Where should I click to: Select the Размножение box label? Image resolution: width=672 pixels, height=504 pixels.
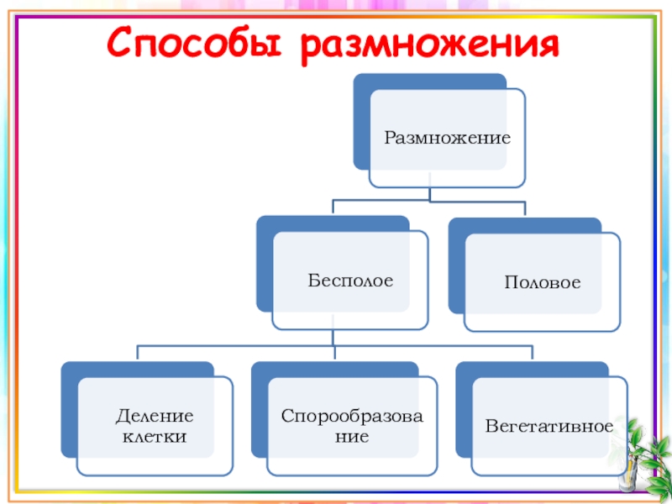tap(447, 135)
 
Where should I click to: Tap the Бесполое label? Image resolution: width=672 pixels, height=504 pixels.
tap(350, 278)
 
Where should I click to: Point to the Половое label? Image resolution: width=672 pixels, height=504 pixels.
tap(542, 283)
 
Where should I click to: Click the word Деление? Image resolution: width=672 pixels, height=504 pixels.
tap(154, 417)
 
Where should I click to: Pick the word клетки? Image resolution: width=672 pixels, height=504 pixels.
tap(155, 437)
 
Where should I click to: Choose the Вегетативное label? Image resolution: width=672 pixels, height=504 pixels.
tap(549, 426)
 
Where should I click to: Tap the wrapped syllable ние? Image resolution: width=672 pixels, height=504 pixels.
tap(352, 437)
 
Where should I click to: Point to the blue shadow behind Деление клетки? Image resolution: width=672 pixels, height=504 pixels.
tap(69, 412)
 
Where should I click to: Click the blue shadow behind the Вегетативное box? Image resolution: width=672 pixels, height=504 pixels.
tap(464, 412)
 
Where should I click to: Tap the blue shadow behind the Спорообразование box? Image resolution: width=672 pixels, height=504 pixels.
tap(259, 412)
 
